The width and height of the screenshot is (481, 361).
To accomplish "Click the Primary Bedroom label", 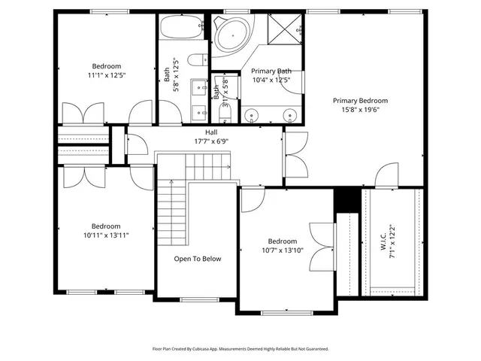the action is (x=361, y=101).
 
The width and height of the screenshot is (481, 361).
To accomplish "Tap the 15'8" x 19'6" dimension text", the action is (x=361, y=110).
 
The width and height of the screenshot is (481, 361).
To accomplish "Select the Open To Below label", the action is (x=198, y=259).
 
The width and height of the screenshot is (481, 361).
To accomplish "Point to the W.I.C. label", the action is (x=384, y=241).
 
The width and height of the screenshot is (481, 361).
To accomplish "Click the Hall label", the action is (x=211, y=132).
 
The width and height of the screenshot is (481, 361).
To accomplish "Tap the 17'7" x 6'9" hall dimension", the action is (x=211, y=141).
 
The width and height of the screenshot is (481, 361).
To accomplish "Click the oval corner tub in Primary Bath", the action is (x=232, y=36).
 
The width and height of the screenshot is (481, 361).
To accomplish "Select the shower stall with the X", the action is (x=285, y=29).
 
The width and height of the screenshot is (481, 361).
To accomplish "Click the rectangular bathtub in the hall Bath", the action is (x=182, y=26).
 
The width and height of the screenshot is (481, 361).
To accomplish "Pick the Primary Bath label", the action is (x=271, y=71).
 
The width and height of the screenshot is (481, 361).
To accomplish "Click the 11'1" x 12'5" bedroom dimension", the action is (x=107, y=75).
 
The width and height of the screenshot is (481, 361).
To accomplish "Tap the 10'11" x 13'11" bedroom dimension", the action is (x=106, y=235).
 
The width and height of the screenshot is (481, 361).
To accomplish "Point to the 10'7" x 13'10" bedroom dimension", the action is (x=283, y=250).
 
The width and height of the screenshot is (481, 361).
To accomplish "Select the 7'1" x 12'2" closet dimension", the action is (x=392, y=241).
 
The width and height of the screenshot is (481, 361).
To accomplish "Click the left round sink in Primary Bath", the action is (x=252, y=115).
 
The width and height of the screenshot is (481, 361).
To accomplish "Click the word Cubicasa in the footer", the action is (x=201, y=349).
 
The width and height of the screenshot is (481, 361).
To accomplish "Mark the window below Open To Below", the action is (x=199, y=299).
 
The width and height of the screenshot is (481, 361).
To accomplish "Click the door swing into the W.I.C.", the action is (x=387, y=174).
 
